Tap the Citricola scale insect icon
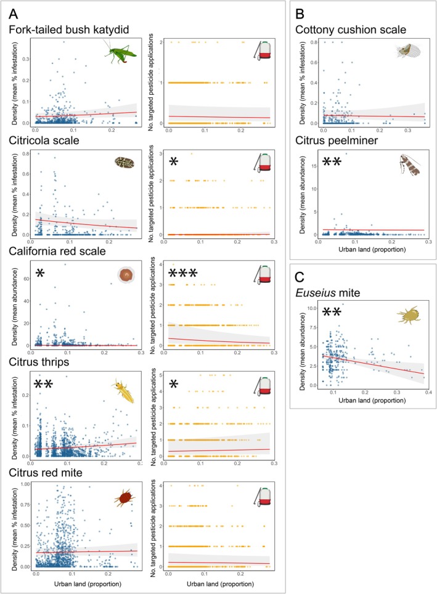tap(125, 163)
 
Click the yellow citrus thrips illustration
tap(124, 391)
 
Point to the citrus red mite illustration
tap(125, 498)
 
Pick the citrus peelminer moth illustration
tap(410, 165)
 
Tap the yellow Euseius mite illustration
tap(409, 315)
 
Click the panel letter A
tap(14, 14)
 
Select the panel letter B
tap(300, 14)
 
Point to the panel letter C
tap(300, 277)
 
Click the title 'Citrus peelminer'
tap(337, 140)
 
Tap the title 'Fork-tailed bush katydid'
tap(69, 30)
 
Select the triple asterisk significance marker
tap(182, 273)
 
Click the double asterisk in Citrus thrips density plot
tap(44, 384)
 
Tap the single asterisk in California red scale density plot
tap(40, 273)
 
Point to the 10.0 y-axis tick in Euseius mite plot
tap(312, 308)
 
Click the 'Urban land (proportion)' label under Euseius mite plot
tap(372, 400)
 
